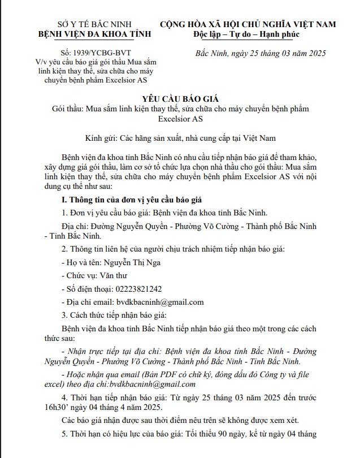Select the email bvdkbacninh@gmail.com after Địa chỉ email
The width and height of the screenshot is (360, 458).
click(x=159, y=303)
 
